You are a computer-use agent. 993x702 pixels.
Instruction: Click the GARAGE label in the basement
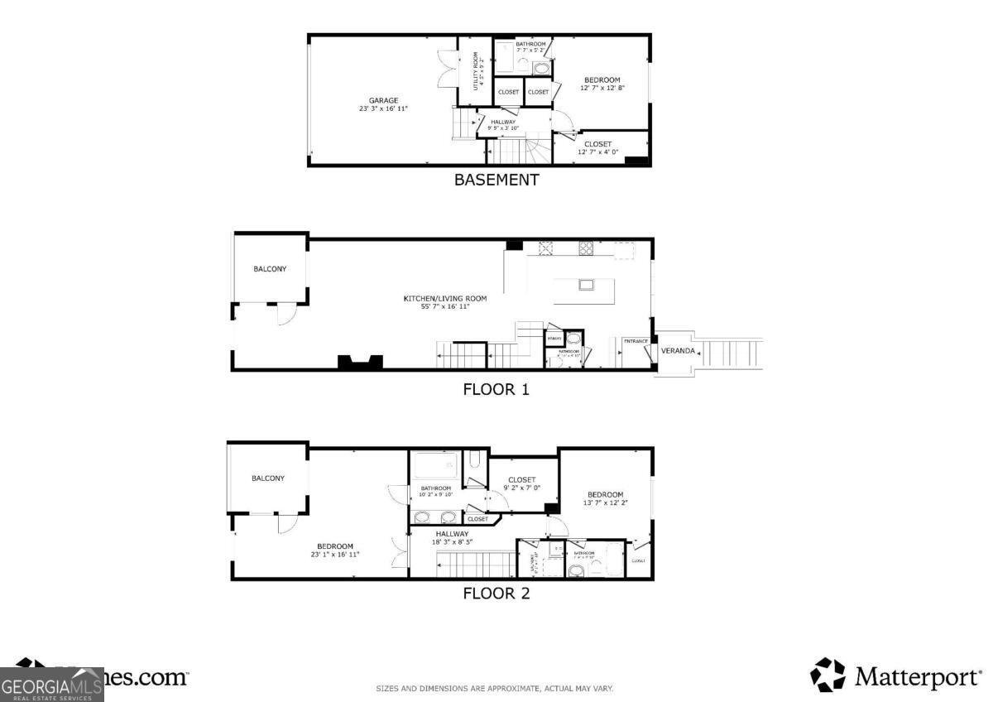(x=383, y=100)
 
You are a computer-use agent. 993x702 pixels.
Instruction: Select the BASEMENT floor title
(x=496, y=180)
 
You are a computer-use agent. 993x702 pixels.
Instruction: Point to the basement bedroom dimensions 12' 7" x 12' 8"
(x=602, y=88)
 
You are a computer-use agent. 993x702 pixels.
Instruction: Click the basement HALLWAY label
(x=502, y=122)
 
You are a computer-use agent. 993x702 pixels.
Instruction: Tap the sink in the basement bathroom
(x=541, y=68)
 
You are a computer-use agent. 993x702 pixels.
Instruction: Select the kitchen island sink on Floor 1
(x=587, y=286)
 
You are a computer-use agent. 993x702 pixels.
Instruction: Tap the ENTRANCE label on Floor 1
(x=636, y=341)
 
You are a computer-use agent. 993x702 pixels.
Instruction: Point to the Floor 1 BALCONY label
(x=270, y=268)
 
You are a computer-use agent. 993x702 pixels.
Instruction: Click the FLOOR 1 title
(x=496, y=389)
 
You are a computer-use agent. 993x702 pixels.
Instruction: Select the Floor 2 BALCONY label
(x=268, y=478)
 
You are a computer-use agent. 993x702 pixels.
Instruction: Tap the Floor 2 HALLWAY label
(x=452, y=534)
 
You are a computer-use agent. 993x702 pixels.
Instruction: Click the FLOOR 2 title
(x=496, y=593)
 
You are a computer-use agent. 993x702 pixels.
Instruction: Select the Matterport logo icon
(x=827, y=675)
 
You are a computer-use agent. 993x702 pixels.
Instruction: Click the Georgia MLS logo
(x=51, y=685)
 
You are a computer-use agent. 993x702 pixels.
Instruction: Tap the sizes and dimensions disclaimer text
(x=495, y=689)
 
